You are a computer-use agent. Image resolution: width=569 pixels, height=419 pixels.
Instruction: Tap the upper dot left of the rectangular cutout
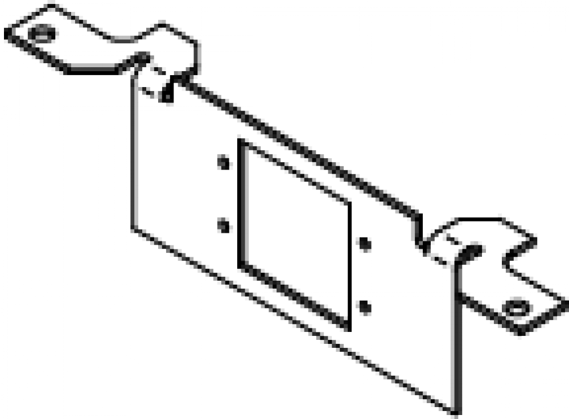coord(225,162)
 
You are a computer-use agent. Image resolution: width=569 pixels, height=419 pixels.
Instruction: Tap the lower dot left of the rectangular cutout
coord(225,225)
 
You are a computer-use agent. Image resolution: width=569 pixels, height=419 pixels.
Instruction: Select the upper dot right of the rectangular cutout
coord(364,245)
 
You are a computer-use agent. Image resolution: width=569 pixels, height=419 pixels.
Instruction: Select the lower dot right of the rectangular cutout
coord(364,308)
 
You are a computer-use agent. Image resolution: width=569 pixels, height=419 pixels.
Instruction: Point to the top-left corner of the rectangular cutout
coord(241,139)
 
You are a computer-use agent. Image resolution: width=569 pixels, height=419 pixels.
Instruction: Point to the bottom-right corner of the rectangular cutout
coord(348,327)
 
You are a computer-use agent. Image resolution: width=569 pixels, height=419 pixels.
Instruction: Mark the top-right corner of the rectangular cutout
coord(348,200)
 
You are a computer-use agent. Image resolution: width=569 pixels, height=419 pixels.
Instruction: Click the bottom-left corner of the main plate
coord(134,231)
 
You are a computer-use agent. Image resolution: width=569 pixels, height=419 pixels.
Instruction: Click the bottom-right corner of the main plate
coord(455,413)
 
